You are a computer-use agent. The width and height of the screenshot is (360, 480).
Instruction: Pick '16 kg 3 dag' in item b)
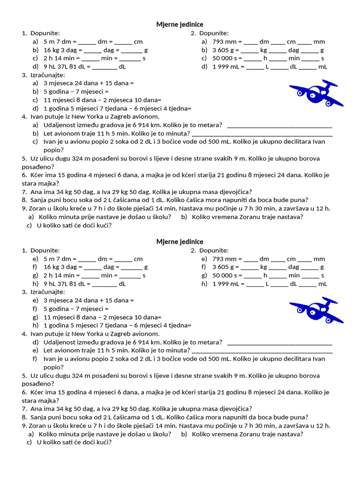coord(60,50)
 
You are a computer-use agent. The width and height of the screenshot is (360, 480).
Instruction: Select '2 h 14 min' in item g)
coord(59,276)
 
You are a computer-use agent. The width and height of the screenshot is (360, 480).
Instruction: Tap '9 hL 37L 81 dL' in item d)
coord(65,67)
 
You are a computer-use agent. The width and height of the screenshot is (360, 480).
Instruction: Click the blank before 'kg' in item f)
coord(249,267)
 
